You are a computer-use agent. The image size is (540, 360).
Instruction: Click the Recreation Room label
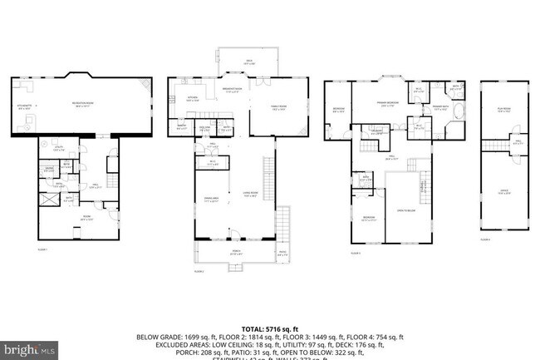(81, 104)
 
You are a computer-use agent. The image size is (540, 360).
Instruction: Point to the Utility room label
(57, 149)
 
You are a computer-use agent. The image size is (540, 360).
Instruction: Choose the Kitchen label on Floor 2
(190, 98)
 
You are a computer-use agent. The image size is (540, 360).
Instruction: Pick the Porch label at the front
(236, 253)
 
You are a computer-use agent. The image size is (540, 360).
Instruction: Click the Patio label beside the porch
(282, 254)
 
